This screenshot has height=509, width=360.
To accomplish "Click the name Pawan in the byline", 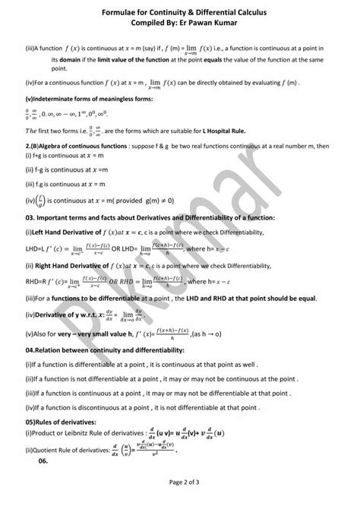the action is (195, 23).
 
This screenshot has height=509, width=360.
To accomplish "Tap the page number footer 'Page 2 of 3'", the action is (179, 482).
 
